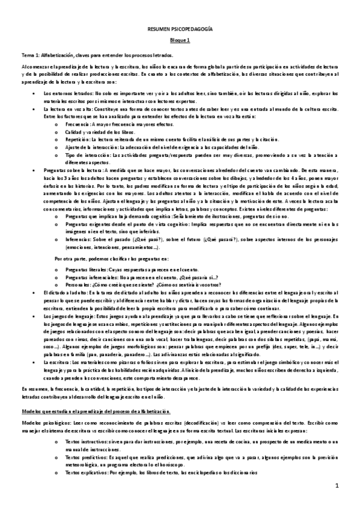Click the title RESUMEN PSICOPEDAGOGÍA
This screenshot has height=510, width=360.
[180, 29]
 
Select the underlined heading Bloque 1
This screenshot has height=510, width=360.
[180, 40]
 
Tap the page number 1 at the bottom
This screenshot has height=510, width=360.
[338, 485]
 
